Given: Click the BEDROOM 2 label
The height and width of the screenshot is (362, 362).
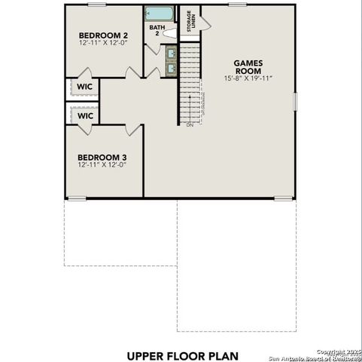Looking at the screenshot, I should click(x=104, y=35).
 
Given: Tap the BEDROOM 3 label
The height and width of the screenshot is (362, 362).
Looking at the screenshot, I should click(x=102, y=158).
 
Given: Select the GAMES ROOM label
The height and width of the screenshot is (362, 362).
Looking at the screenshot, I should click(x=248, y=67).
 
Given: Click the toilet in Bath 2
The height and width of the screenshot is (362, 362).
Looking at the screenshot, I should click(x=169, y=34).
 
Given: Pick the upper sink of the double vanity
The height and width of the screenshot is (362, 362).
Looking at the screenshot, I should click(x=171, y=54).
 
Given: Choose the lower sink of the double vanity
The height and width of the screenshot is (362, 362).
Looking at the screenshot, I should click(x=171, y=68).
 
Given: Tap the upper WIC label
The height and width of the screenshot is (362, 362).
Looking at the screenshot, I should click(x=84, y=86).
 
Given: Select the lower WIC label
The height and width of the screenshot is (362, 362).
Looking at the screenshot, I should click(x=85, y=116).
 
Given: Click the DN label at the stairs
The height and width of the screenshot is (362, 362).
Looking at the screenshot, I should click(x=190, y=126).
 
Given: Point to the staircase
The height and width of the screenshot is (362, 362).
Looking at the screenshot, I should click(x=191, y=83).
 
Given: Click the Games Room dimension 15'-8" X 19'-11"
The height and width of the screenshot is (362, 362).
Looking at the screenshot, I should click(x=248, y=78).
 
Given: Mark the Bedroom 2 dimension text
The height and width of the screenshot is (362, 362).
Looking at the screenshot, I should click(x=104, y=44).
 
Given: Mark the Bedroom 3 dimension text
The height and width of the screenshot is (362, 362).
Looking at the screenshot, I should click(x=102, y=166).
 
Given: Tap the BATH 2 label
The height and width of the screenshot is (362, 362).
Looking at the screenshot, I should click(x=157, y=30).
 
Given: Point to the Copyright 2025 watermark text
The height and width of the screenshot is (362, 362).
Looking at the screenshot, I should click(x=338, y=351).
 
